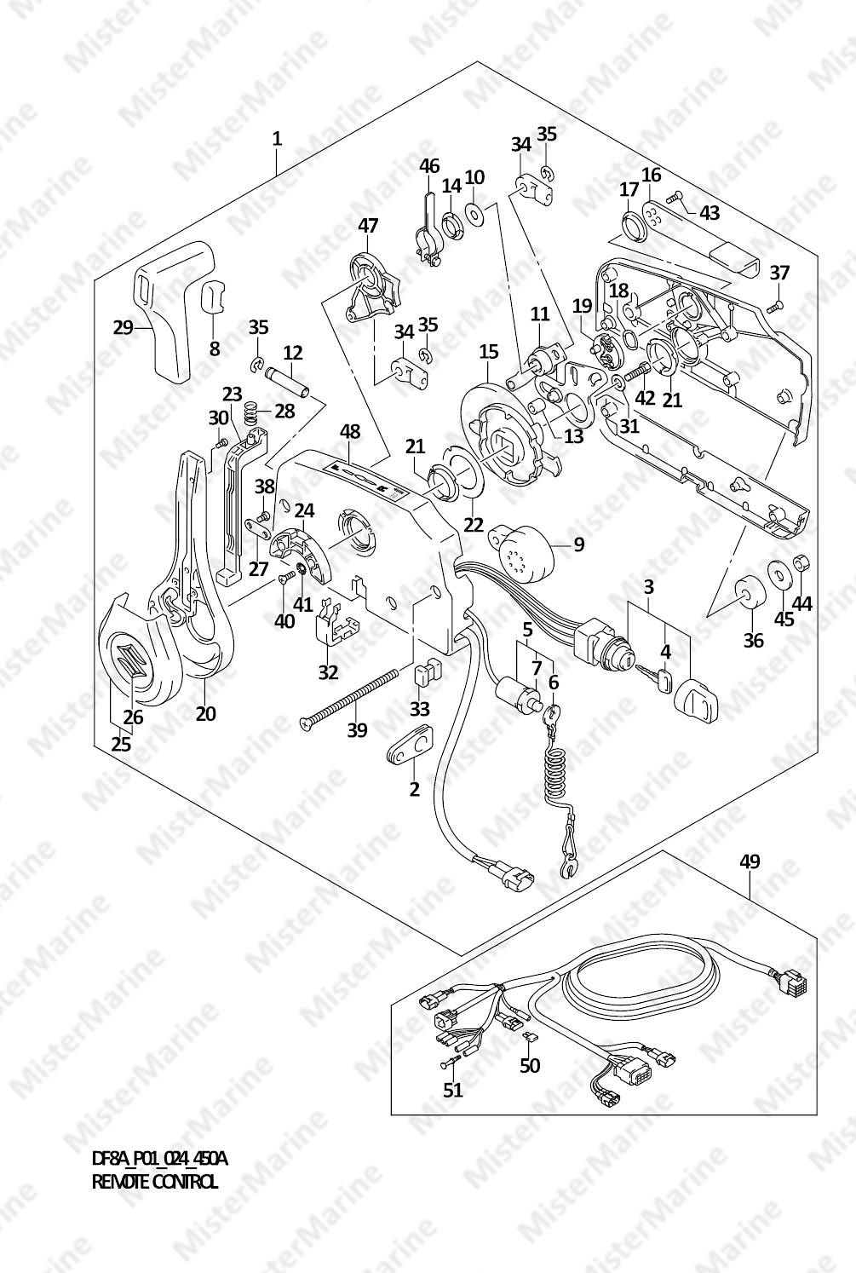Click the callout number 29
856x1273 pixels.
click(124, 326)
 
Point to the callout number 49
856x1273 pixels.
click(750, 861)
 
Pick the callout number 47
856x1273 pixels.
click(367, 226)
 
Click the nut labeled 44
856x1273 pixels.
click(801, 563)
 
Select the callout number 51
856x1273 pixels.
click(452, 1090)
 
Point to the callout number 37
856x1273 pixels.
click(779, 273)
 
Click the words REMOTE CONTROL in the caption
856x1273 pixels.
click(154, 1182)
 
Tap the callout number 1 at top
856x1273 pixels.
click(277, 137)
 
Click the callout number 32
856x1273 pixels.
click(328, 672)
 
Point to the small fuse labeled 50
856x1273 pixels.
click(529, 1037)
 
